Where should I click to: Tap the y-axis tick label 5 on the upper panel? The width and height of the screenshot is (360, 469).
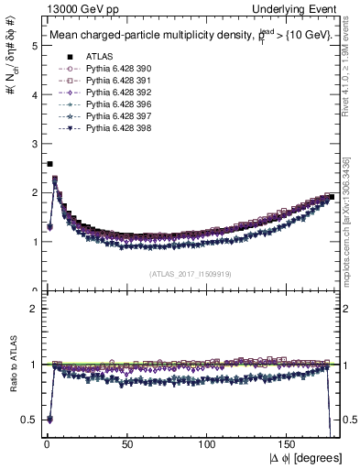point(33,45)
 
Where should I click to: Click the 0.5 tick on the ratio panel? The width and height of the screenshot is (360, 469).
point(29,420)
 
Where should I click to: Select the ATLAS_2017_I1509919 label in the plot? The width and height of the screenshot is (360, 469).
point(191,273)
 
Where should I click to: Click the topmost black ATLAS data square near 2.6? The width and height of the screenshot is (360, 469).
point(49,164)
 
